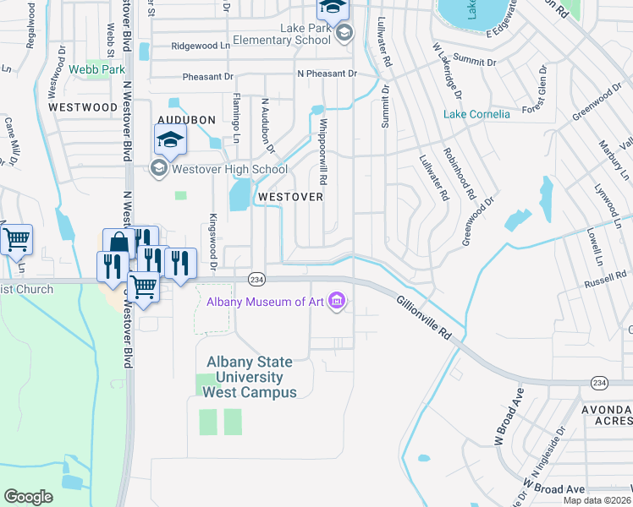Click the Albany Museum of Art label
coord(266,303)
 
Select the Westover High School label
coord(218,169)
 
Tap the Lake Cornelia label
coord(477,114)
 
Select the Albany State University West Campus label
coord(252,377)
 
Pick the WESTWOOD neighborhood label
coord(83,107)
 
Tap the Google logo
coord(28,496)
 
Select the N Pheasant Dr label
coord(323,74)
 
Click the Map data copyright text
coord(598,500)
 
